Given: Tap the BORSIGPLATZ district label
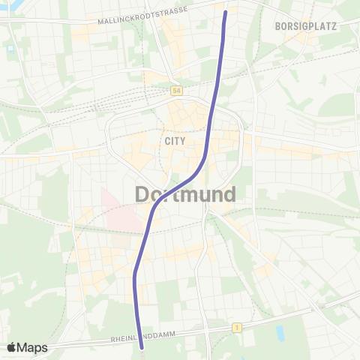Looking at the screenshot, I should [x=305, y=25].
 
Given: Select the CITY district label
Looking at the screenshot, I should [x=172, y=140].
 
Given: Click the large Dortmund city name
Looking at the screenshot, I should [x=186, y=194].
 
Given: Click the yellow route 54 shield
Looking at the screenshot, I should [x=175, y=90].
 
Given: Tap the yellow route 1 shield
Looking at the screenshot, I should [x=236, y=328].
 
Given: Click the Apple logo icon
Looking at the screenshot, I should [x=11, y=347].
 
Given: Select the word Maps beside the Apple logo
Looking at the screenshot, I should [x=33, y=348].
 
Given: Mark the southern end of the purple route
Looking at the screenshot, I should [x=142, y=346].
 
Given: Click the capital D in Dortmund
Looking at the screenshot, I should [x=142, y=194].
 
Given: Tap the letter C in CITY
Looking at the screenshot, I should [x=165, y=140].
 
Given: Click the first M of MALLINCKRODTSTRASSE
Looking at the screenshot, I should [x=100, y=22].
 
